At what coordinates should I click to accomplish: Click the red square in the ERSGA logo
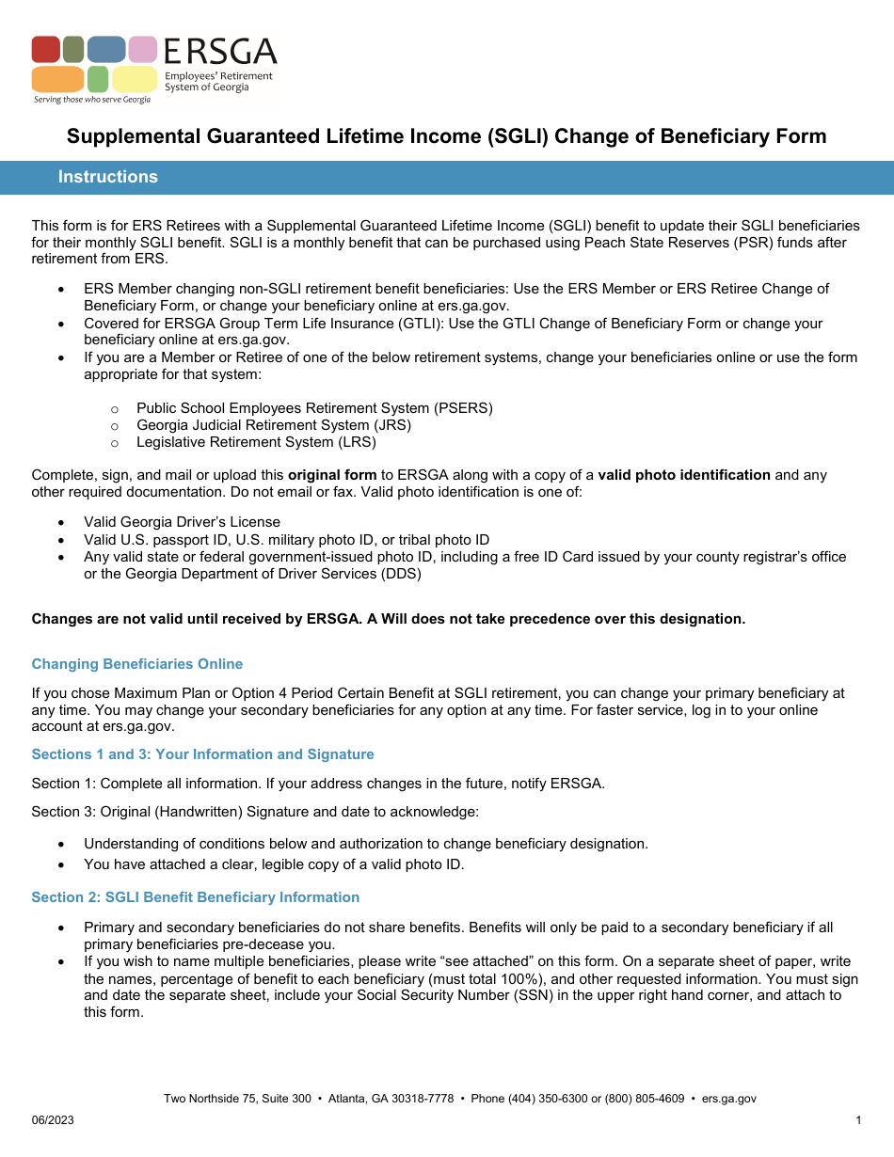coord(45,49)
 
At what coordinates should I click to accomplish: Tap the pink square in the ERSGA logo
coord(143,49)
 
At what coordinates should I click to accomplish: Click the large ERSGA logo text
coord(220,52)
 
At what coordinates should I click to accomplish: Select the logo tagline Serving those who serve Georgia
coord(91,99)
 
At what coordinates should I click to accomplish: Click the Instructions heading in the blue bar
coord(108,177)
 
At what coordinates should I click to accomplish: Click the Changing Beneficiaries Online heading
coord(137,664)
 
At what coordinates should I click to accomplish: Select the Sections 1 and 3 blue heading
coord(202,754)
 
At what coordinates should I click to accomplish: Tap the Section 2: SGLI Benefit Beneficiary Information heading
coord(196,897)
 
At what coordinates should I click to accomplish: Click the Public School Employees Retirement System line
coord(314,408)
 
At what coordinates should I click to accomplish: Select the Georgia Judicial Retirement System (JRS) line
coord(274,425)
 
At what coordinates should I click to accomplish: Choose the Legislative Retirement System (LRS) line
coord(256,442)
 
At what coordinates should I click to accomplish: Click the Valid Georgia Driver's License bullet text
coord(182,522)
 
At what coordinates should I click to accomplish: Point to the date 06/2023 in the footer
coord(53,1120)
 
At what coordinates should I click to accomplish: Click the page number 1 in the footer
coord(859,1120)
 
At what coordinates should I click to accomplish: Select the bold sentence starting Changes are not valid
coord(388,619)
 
